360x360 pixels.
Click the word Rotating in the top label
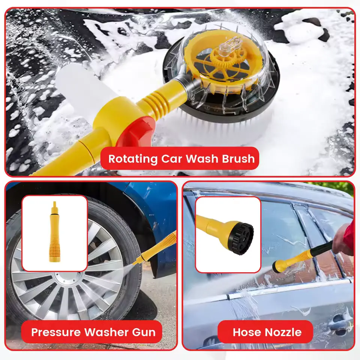(x=133, y=159)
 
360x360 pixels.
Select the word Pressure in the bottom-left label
(x=56, y=332)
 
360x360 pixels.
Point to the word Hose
(x=245, y=332)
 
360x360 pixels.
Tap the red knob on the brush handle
(x=134, y=132)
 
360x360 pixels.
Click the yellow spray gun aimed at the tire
(x=156, y=248)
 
